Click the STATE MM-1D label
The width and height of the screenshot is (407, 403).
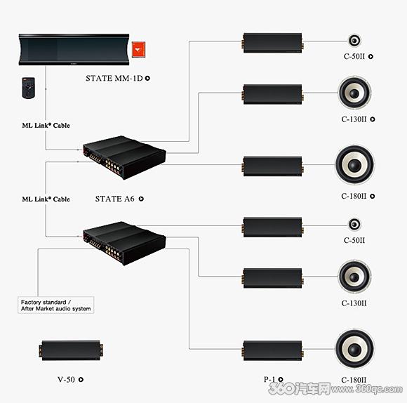114,78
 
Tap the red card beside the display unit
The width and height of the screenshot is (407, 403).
138,49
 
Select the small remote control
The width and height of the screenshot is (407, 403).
29,88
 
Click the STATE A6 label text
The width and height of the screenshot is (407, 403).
114,199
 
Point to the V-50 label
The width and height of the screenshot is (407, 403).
66,380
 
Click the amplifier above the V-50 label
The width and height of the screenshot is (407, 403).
71,350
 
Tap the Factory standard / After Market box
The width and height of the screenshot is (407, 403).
56,305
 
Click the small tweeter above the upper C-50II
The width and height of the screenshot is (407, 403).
354,41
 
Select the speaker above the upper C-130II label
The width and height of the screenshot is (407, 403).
354,93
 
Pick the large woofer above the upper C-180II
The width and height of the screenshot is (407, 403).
355,164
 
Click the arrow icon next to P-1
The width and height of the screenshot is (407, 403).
281,379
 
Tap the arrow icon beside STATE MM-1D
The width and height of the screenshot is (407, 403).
147,78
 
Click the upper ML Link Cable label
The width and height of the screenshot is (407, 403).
46,126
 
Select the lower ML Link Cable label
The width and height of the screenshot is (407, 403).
46,199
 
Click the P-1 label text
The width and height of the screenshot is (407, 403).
269,379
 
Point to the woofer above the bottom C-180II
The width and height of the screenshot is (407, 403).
355,348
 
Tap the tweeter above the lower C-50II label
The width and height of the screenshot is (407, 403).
354,225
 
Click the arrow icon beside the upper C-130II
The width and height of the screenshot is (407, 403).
373,119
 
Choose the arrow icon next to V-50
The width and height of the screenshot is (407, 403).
81,379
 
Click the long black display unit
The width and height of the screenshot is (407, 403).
74,49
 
